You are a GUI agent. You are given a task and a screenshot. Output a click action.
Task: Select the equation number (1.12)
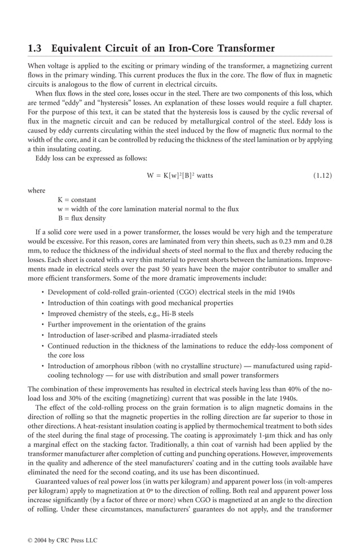(x=322, y=176)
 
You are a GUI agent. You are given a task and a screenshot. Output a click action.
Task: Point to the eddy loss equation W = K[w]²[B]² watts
(x=179, y=176)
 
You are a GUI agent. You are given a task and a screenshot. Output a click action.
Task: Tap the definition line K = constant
(x=77, y=200)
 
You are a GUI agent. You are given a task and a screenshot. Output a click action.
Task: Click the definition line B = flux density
(x=81, y=218)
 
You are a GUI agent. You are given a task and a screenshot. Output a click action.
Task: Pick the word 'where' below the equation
(x=37, y=190)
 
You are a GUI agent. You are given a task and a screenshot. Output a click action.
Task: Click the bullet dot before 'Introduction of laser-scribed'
(x=43, y=335)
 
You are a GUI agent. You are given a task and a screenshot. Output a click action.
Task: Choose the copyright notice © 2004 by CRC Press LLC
(x=63, y=540)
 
